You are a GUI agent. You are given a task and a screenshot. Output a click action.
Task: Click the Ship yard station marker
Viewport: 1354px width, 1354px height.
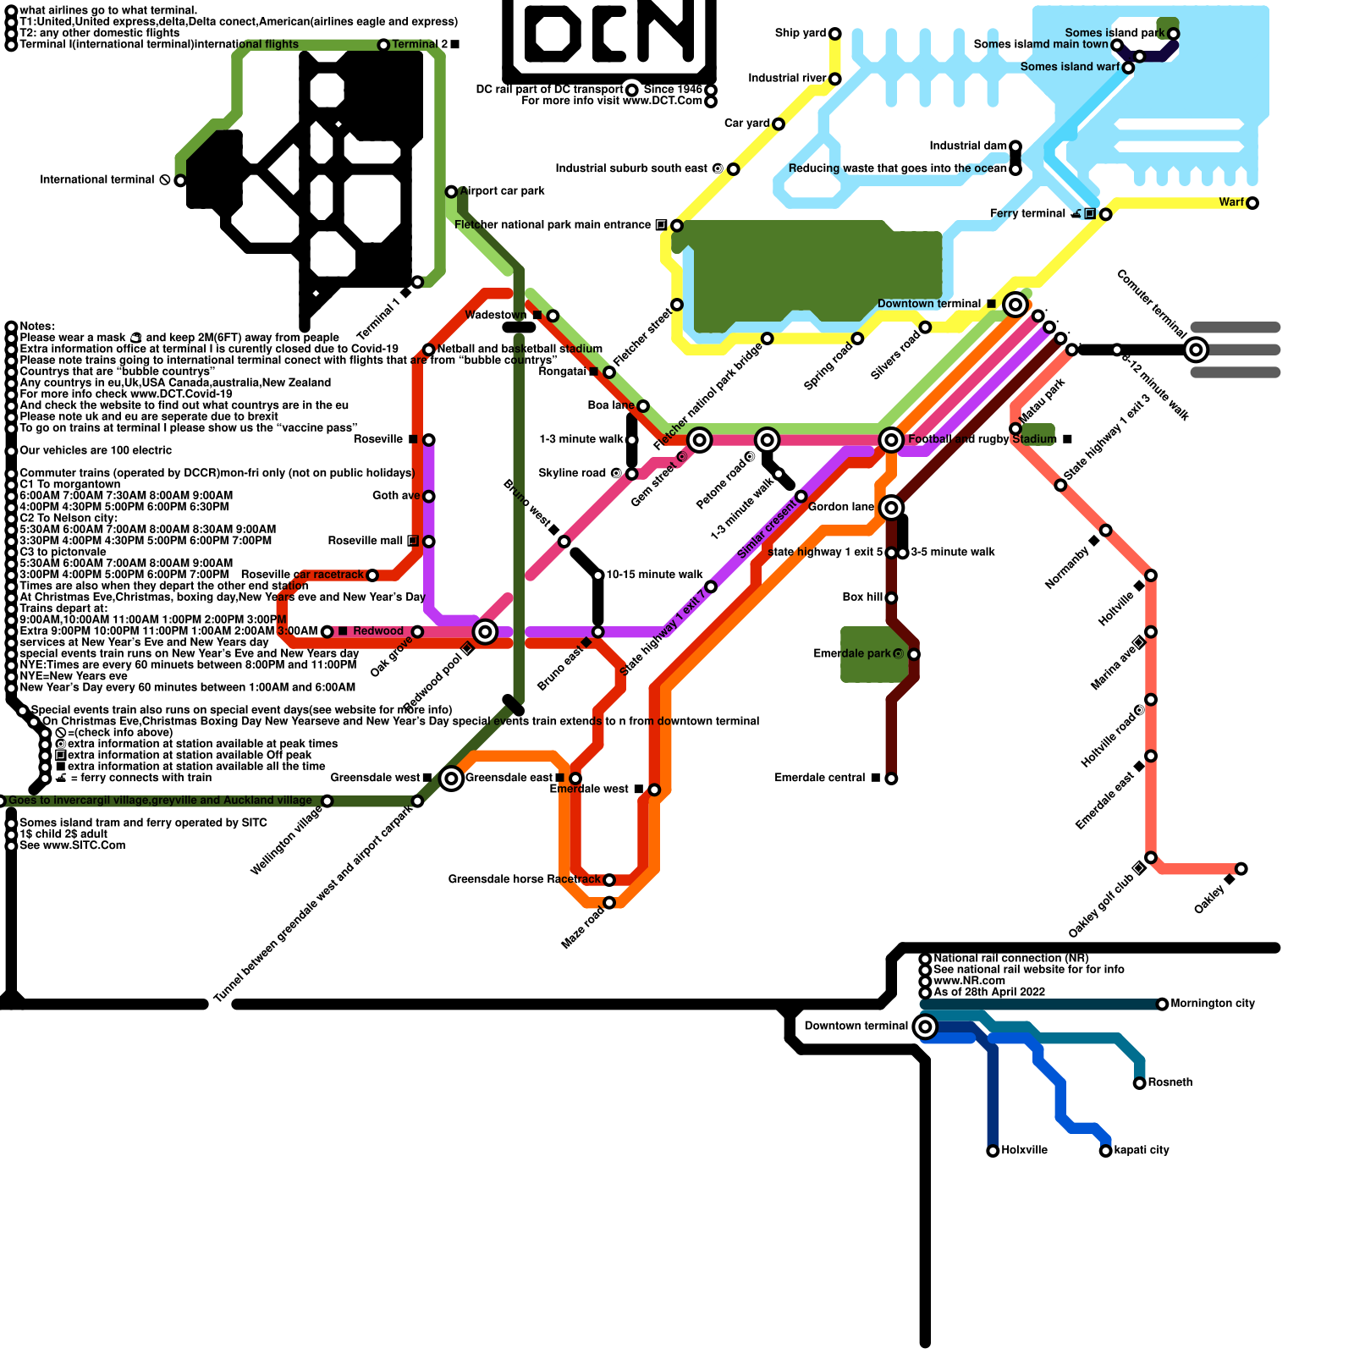(834, 34)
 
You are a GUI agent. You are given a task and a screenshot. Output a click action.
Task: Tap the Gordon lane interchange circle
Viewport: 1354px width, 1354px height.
(890, 508)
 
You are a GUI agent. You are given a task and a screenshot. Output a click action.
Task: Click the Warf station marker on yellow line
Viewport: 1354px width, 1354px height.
(1252, 203)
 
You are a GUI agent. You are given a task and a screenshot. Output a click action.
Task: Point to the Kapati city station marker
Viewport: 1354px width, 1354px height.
(1105, 1151)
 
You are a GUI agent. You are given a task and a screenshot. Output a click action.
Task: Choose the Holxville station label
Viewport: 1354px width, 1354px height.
(1024, 1151)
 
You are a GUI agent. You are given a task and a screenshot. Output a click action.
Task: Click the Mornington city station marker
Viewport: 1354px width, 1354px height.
(1162, 1004)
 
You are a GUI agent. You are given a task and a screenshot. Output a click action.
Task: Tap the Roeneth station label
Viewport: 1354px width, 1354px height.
(1170, 1083)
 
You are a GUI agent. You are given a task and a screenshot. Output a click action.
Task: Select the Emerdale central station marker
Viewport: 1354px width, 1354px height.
(891, 779)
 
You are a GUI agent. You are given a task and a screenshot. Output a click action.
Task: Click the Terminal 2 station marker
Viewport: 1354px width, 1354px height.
(383, 45)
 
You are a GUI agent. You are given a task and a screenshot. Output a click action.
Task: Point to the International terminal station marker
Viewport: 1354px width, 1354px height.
(180, 180)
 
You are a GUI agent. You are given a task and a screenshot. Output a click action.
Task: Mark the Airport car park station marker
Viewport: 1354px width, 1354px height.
(451, 192)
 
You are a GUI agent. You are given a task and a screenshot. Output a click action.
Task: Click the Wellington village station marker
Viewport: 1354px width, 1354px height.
(327, 801)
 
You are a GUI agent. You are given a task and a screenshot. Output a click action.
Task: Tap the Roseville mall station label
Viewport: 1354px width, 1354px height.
(366, 542)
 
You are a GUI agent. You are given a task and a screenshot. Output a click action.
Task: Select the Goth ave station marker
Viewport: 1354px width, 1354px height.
(429, 497)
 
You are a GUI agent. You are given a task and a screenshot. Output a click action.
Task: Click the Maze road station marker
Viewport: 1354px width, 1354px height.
(609, 903)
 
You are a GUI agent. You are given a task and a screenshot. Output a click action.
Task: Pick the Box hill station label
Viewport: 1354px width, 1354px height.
(863, 597)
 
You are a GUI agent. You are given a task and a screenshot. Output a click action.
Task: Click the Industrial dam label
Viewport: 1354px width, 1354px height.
(968, 146)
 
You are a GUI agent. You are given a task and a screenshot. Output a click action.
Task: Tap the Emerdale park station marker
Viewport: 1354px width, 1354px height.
(914, 654)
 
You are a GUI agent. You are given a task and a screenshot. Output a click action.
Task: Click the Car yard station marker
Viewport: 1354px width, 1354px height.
(779, 124)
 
